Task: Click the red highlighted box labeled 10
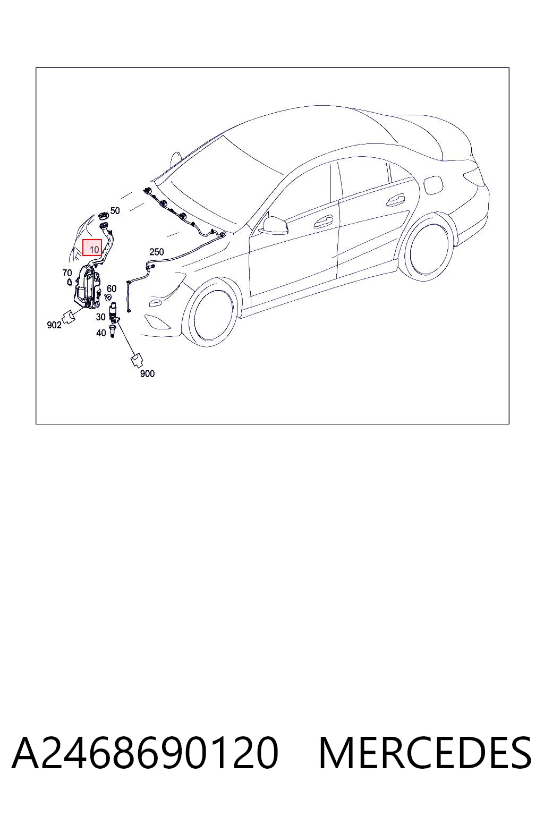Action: click(92, 248)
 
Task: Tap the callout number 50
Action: click(115, 210)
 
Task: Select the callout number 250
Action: click(157, 252)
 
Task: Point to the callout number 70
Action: click(67, 273)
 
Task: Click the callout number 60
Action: click(112, 288)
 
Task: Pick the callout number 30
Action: click(100, 317)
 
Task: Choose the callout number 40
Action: click(101, 333)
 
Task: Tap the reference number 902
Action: click(54, 325)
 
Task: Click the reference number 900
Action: click(147, 373)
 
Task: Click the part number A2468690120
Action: click(145, 753)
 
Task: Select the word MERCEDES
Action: click(425, 753)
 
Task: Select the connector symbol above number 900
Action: click(137, 360)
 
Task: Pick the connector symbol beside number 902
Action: click(69, 317)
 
